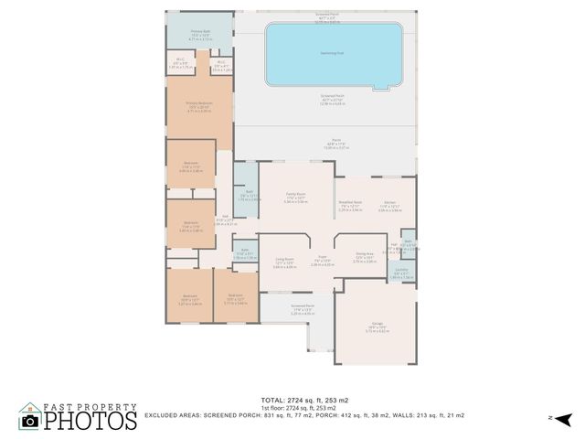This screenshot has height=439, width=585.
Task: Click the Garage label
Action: pos(378,322)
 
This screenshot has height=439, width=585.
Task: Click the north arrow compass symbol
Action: pos(565,419)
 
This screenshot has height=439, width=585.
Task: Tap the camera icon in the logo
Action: pos(30,421)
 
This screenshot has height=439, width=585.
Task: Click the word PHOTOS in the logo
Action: pos(90,421)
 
